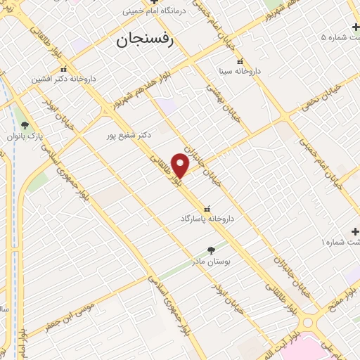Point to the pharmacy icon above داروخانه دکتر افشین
click(64, 69)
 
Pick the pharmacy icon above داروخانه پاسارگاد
click(207, 209)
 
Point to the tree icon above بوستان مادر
click(210, 250)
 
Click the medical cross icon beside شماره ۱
click(355, 231)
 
